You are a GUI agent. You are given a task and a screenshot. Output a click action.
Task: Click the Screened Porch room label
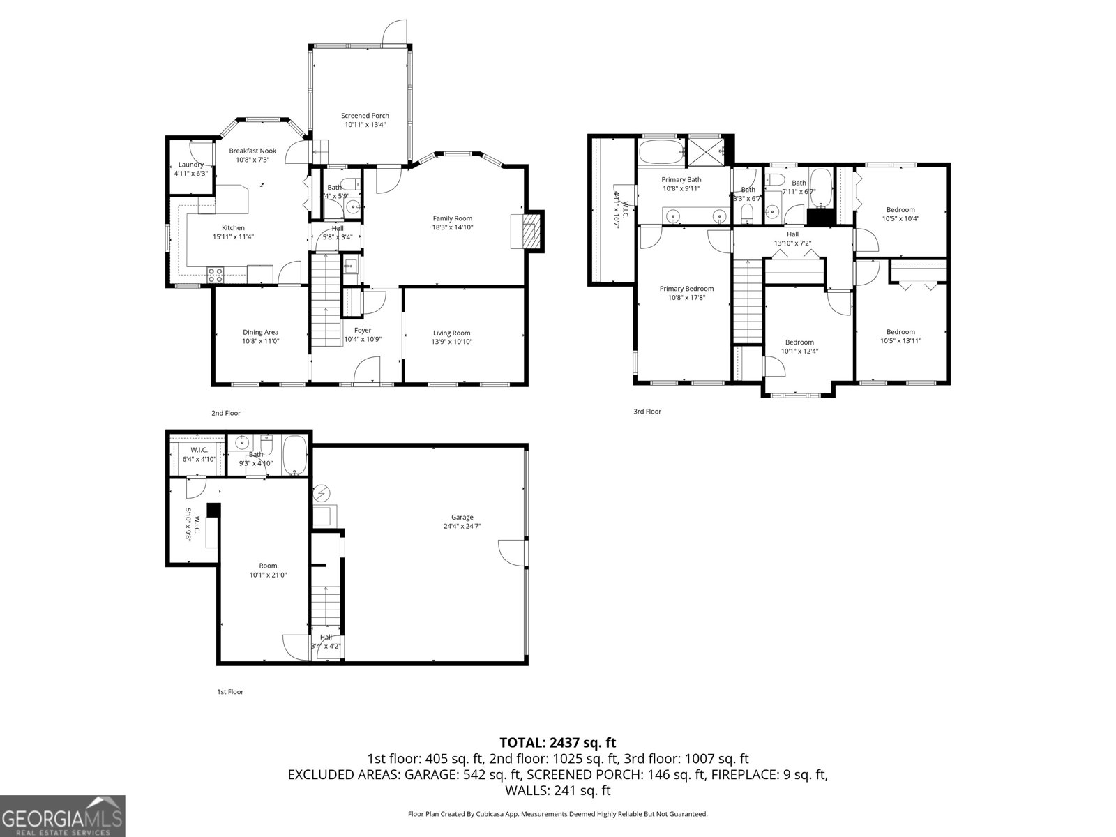[x=365, y=116]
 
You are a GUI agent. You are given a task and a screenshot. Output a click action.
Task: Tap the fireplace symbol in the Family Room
[x=531, y=231]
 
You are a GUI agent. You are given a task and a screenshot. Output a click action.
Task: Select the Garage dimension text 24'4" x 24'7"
[x=462, y=527]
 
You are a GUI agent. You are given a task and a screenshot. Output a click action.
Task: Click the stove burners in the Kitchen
[x=215, y=275]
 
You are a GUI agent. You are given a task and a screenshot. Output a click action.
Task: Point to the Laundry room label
[x=190, y=165]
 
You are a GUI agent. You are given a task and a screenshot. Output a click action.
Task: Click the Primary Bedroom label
[x=686, y=289]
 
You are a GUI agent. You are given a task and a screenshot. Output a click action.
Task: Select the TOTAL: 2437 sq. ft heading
[x=557, y=743]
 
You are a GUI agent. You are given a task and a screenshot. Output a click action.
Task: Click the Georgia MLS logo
[x=63, y=815]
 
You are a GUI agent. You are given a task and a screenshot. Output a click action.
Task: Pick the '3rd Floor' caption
[x=647, y=412]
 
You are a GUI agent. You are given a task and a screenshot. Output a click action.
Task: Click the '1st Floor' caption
[x=229, y=692]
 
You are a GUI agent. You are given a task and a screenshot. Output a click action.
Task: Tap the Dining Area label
[x=260, y=332]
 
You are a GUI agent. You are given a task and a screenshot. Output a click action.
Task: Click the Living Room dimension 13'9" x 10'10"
[x=452, y=342]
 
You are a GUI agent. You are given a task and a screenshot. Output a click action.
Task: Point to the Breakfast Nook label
[x=252, y=151]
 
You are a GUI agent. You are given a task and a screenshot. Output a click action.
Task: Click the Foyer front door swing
[x=365, y=370]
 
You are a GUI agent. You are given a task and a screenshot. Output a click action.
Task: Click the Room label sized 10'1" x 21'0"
[x=268, y=566]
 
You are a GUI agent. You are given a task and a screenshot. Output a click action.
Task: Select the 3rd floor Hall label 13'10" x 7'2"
[x=792, y=234]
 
